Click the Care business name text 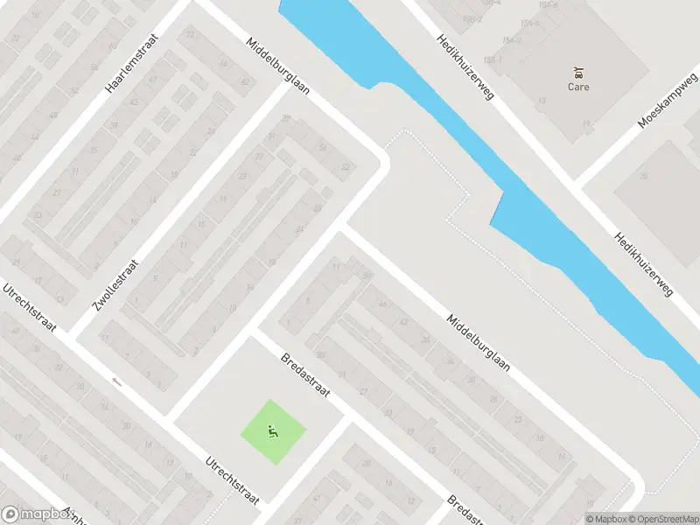click(578, 87)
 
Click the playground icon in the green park click(273, 430)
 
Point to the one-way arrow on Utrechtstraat click(116, 381)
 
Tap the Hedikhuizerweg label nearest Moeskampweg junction click(643, 263)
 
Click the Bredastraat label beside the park click(305, 375)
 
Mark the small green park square click(273, 432)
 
